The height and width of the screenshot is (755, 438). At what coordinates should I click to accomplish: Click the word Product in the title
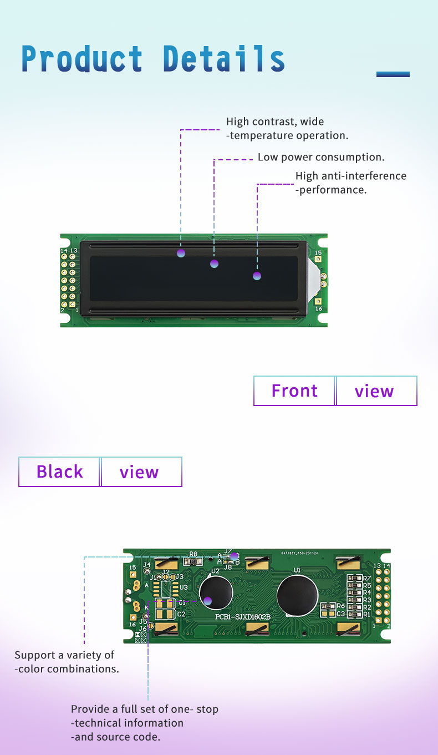82,59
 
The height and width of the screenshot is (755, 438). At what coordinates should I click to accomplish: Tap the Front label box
294,391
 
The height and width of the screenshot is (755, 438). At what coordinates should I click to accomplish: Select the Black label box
59,472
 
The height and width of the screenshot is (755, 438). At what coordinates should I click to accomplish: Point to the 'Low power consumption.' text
321,158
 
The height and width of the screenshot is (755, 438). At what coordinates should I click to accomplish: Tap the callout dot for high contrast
181,254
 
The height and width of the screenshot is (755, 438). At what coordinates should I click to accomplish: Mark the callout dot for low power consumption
214,264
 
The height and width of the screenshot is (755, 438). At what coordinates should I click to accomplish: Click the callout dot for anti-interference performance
257,276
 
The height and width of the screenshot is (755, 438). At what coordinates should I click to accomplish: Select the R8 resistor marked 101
193,561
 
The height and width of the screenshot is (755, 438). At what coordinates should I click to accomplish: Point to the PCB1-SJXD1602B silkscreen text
242,617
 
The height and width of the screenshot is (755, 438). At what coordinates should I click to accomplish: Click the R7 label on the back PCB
367,579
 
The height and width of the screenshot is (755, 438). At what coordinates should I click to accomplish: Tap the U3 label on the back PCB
184,587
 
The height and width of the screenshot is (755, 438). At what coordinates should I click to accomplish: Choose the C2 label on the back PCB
181,614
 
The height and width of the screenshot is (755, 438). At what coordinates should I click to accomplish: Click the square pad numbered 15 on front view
318,259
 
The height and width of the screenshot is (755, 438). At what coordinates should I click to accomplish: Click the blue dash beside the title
393,74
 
